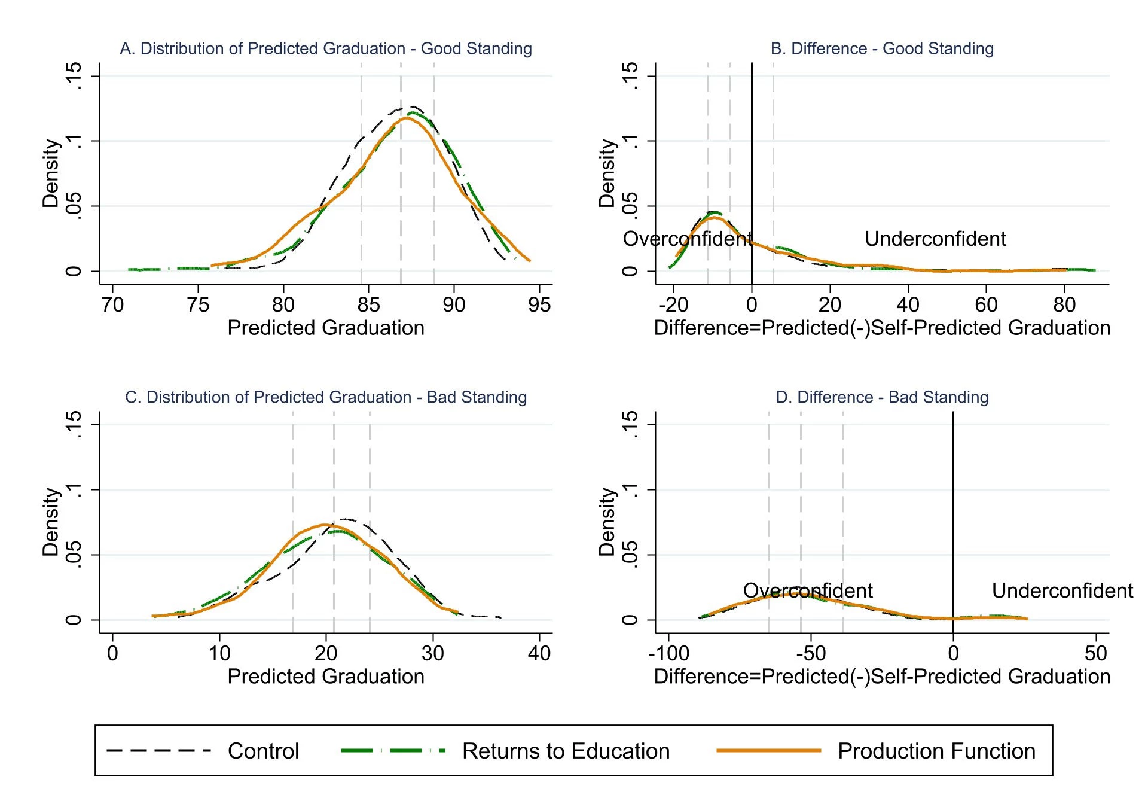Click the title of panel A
pyautogui.click(x=326, y=48)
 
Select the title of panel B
pyautogui.click(x=882, y=48)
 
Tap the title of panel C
pyautogui.click(x=326, y=397)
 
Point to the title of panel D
pyautogui.click(x=882, y=397)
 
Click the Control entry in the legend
pyautogui.click(x=263, y=751)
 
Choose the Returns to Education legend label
pyautogui.click(x=566, y=751)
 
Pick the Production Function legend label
pyautogui.click(x=936, y=751)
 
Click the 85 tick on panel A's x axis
pyautogui.click(x=368, y=305)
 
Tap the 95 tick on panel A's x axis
pyautogui.click(x=539, y=305)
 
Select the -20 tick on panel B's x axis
pyautogui.click(x=673, y=305)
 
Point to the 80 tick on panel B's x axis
pyautogui.click(x=1064, y=305)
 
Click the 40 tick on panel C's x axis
pyautogui.click(x=539, y=653)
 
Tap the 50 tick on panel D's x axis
pyautogui.click(x=1095, y=653)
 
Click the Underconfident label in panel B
pyautogui.click(x=935, y=239)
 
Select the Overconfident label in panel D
pyautogui.click(x=808, y=590)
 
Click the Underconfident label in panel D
pyautogui.click(x=1062, y=590)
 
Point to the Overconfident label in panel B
pyautogui.click(x=688, y=239)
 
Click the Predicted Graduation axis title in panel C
pyautogui.click(x=326, y=677)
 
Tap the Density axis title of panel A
pyautogui.click(x=51, y=173)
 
